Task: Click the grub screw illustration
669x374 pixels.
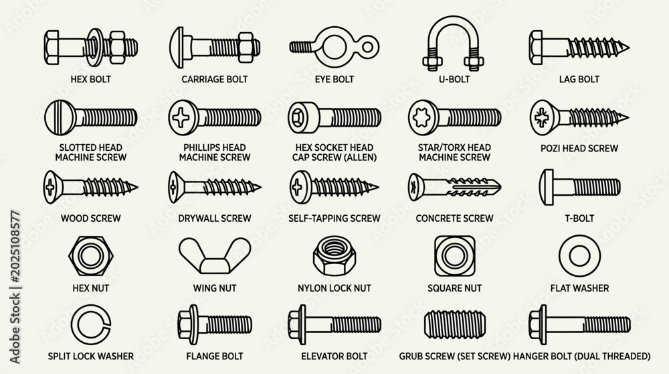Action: pos(455,325)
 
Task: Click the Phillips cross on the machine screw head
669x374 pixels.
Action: pos(181,117)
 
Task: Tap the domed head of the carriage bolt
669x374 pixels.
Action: pos(177,48)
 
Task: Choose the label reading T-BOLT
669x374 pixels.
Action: pos(579,218)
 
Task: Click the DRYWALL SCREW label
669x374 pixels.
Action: pos(215,218)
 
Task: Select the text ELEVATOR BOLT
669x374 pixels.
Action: pos(334,356)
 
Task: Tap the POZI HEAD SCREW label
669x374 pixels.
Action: pos(579,148)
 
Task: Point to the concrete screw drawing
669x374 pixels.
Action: pos(454,187)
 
